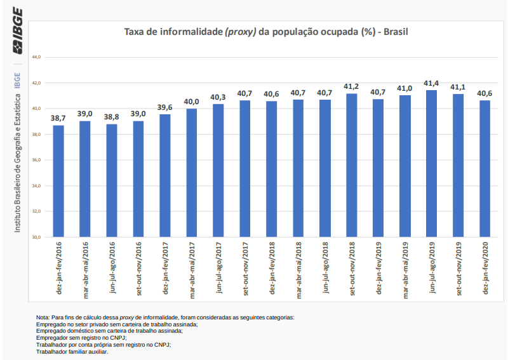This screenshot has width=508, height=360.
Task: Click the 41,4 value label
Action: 432,83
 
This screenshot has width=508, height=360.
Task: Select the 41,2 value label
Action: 351,86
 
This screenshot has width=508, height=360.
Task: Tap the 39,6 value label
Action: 165,107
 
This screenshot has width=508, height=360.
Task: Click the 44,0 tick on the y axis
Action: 36,57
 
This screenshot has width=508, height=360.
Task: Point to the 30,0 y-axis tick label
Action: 36,237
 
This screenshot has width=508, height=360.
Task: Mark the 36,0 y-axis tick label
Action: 36,160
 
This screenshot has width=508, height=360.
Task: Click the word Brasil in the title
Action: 394,32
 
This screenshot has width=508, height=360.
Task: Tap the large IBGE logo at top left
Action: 17,31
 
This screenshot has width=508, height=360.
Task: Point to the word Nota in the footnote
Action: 43,317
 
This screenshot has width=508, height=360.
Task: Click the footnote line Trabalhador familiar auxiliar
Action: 72,352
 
